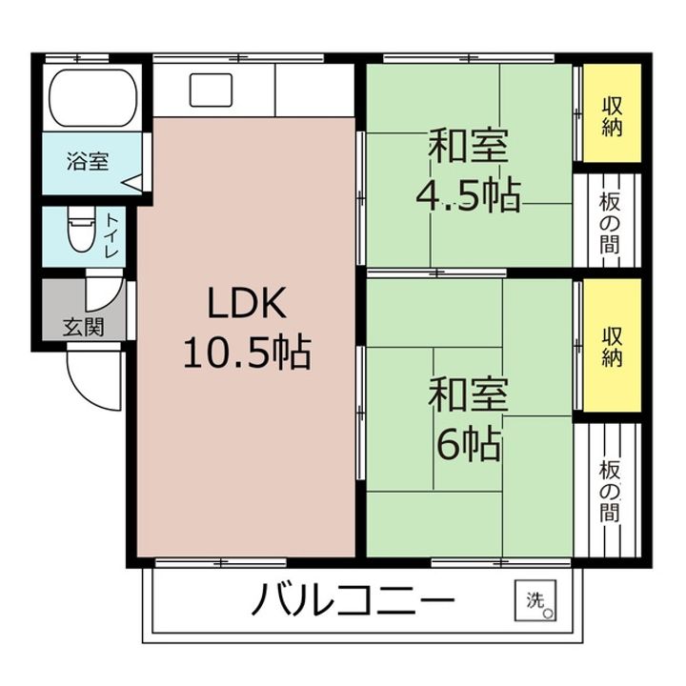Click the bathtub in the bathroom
click(x=93, y=98)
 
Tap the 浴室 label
click(x=88, y=161)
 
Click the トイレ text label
click(x=111, y=235)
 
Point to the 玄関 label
click(x=83, y=327)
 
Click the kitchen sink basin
click(x=211, y=91)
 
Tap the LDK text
click(x=247, y=303)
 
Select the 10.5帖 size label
click(x=247, y=353)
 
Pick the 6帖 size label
click(x=469, y=444)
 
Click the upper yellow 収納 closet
click(x=612, y=113)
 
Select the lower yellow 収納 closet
click(x=612, y=345)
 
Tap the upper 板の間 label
click(x=610, y=223)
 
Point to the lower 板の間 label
click(x=610, y=492)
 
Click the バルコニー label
click(x=353, y=599)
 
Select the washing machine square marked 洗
click(x=535, y=600)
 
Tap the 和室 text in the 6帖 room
click(x=468, y=395)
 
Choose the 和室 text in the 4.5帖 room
click(x=468, y=146)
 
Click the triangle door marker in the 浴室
click(x=132, y=183)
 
